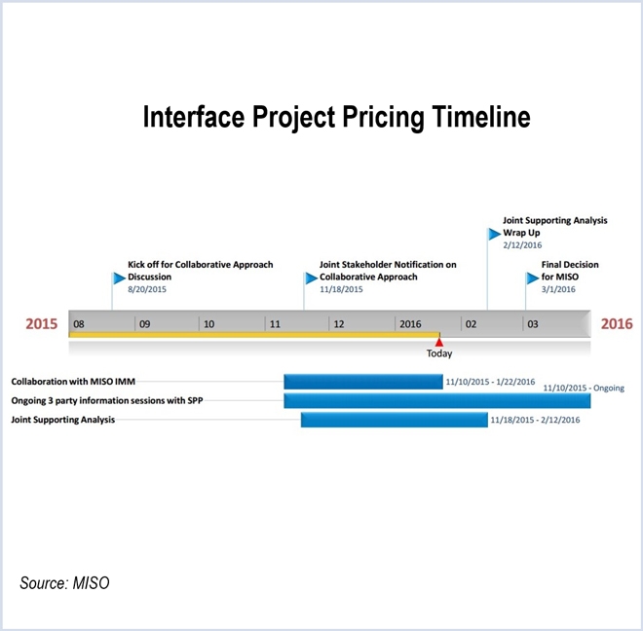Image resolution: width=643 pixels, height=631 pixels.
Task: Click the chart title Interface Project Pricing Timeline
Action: (x=336, y=118)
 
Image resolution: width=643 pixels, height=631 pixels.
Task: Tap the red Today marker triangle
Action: (x=439, y=341)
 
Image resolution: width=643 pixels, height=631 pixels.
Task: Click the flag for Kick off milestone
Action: (x=119, y=278)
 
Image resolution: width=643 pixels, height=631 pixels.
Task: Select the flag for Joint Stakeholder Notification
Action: (x=311, y=278)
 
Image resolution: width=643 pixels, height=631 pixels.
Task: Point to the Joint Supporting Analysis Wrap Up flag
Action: (x=493, y=234)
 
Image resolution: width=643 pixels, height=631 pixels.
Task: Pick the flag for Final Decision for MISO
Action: (x=532, y=278)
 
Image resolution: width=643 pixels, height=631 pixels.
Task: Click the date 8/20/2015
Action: (x=149, y=289)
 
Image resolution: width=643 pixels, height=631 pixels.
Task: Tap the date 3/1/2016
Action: (x=558, y=289)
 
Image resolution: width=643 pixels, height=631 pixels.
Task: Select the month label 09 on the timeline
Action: (x=143, y=323)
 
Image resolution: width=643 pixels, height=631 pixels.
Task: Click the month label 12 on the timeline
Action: (x=338, y=323)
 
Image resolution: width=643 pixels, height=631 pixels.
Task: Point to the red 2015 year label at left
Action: (x=42, y=323)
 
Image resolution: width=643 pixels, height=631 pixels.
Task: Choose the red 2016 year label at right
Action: (x=616, y=323)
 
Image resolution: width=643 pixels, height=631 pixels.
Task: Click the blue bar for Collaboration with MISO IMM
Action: (x=362, y=381)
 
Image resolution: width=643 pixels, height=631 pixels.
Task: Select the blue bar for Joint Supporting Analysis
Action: (x=394, y=420)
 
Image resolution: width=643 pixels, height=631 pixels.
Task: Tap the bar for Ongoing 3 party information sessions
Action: (x=436, y=400)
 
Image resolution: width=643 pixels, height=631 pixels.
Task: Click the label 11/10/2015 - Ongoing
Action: (x=584, y=388)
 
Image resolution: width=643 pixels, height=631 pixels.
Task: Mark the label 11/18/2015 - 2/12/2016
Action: (x=535, y=420)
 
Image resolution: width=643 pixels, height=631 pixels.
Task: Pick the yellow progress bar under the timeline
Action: (x=253, y=335)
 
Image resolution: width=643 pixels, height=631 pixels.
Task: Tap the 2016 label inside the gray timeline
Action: (x=408, y=323)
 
